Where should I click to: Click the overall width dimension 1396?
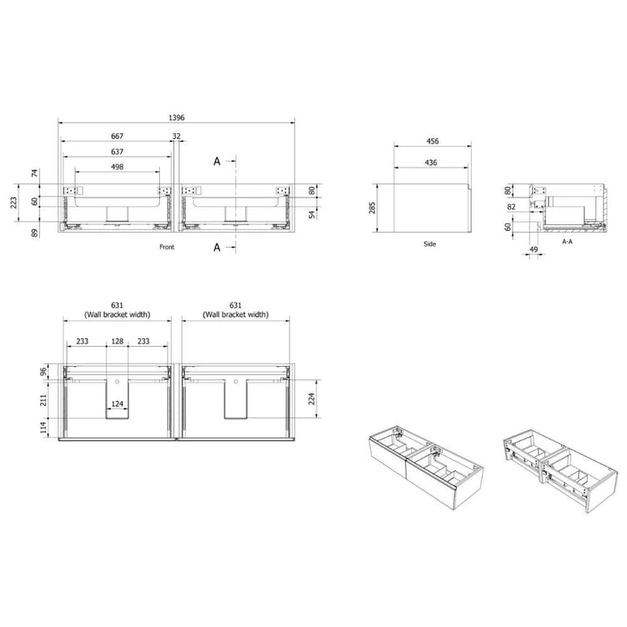point(177,118)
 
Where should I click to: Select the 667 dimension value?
point(118,137)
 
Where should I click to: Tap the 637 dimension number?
point(118,152)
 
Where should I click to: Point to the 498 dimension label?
point(118,167)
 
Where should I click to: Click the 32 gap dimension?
point(177,137)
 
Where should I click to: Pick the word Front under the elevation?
point(167,247)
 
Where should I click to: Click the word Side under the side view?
point(429,244)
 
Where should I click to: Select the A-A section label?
point(567,242)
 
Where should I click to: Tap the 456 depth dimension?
point(432,141)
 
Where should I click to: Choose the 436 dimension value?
point(431,163)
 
